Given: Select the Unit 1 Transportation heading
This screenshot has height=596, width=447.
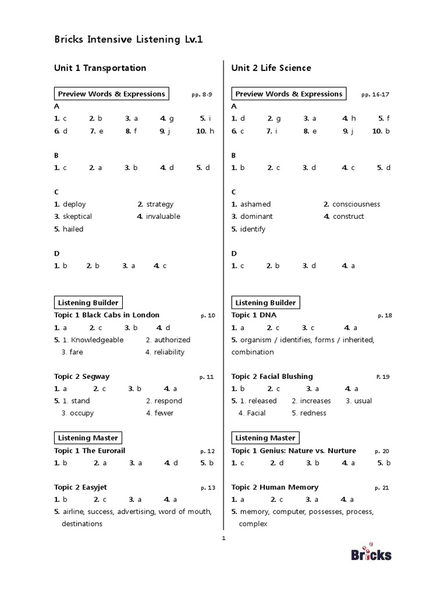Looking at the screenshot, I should point(100,68).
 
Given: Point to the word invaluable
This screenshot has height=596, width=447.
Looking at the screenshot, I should point(163,217).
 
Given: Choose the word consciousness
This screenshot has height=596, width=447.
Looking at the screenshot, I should point(356,204).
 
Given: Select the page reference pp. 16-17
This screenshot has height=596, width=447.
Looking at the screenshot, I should point(375,94).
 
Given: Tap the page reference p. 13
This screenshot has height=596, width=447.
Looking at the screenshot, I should point(208,488).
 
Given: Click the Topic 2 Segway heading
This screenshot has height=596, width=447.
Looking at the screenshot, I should point(81,377).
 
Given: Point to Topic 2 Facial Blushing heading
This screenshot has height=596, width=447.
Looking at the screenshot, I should point(272,377).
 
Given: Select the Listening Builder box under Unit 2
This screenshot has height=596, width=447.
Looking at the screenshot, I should point(265,303).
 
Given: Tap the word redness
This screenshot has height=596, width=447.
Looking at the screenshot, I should point(313,413).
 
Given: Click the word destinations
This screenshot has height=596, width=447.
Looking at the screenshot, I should point(82,524).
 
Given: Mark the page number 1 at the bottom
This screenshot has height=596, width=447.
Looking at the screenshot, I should point(223,538).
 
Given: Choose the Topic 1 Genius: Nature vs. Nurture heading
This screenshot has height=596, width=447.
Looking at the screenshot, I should point(293,451).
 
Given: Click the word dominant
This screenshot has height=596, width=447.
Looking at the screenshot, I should point(256,217).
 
